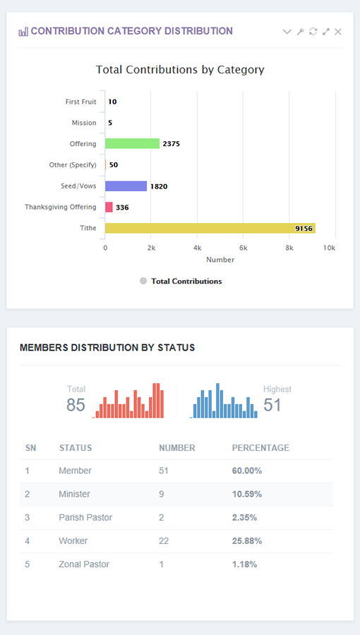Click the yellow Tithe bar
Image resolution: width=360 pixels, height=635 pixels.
click(210, 228)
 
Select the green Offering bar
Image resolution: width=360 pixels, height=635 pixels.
click(132, 143)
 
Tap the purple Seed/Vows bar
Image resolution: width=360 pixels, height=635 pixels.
click(126, 186)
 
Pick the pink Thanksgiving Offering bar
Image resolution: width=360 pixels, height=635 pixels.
click(109, 207)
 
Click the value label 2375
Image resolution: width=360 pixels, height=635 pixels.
click(171, 144)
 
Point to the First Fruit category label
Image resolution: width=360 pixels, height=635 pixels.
click(80, 102)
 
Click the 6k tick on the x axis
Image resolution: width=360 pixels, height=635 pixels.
click(243, 248)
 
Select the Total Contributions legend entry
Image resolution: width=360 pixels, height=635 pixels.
click(186, 281)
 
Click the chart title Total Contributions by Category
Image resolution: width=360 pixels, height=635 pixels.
click(180, 70)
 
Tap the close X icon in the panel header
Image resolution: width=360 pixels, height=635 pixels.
click(338, 32)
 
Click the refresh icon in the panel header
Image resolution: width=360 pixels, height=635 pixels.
click(313, 32)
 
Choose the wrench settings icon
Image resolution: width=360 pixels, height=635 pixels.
click(300, 32)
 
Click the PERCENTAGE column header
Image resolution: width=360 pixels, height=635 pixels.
click(260, 448)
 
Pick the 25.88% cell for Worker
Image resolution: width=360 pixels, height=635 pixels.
click(246, 541)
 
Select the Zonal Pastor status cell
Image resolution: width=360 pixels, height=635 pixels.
click(84, 564)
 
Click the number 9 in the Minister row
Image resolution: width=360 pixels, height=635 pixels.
click(162, 495)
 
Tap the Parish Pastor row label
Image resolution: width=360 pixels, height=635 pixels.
click(85, 518)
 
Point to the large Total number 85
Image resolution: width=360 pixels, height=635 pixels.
click(76, 405)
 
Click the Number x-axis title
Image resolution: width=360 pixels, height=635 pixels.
click(220, 260)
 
